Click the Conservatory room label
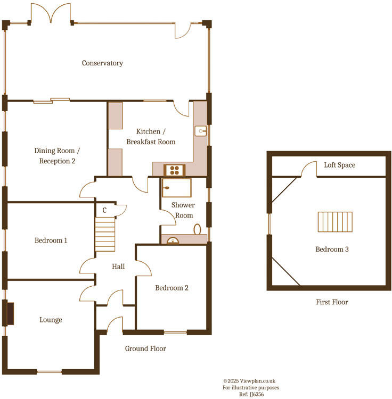point(102,63)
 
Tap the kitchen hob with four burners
point(174,170)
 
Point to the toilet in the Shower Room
point(198,230)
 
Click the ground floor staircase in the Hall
point(105,234)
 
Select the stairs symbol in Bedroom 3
point(336,222)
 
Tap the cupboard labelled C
point(104,210)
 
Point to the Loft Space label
point(339,165)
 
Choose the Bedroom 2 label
point(171,288)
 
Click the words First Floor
point(332,302)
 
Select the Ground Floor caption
point(145,349)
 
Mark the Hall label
point(118,266)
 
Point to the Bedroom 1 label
point(51,240)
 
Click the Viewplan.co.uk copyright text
point(249,381)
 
